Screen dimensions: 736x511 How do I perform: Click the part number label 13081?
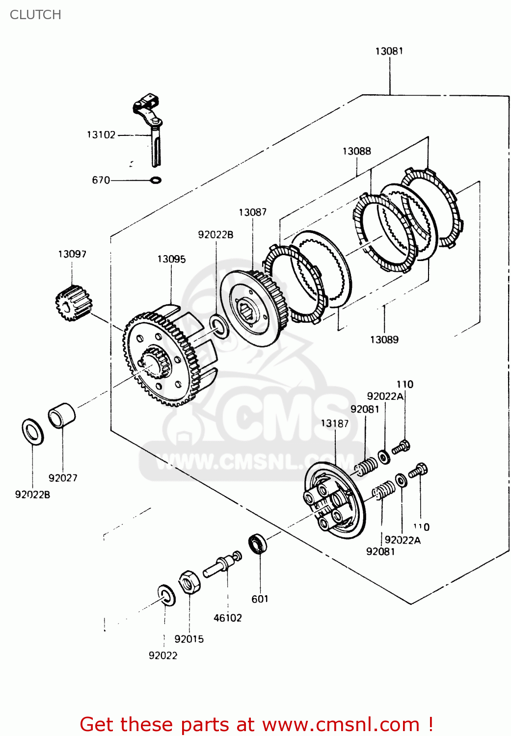[x=389, y=51]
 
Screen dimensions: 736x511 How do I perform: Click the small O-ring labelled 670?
[x=155, y=180]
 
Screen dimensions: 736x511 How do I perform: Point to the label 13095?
[x=171, y=259]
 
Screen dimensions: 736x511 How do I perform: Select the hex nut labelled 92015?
[x=189, y=582]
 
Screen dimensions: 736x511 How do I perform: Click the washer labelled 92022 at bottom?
[x=166, y=595]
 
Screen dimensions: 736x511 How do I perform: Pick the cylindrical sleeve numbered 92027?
[x=62, y=416]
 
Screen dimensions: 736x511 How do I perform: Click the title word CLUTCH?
[x=35, y=15]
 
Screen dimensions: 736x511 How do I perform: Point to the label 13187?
[x=335, y=423]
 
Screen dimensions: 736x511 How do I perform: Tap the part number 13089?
[x=384, y=340]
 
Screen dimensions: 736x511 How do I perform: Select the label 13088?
[x=357, y=151]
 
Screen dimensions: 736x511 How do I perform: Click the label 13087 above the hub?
[x=253, y=212]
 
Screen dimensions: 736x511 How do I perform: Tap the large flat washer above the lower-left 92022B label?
[x=33, y=432]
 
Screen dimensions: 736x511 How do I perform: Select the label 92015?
[x=189, y=639]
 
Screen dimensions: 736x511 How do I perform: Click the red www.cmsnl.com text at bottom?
[x=341, y=724]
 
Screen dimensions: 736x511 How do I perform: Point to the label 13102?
[x=101, y=134]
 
